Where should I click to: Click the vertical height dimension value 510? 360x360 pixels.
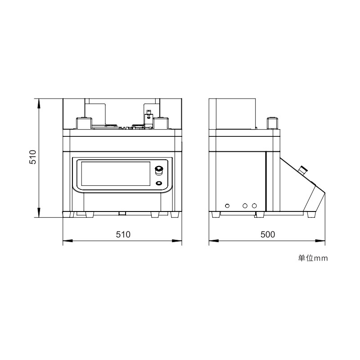33,157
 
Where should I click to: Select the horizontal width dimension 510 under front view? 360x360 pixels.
123,234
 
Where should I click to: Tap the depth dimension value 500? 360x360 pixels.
268,234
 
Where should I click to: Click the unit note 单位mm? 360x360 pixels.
313,258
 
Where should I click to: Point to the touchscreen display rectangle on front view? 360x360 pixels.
116,174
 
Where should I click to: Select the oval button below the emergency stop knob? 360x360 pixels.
159,183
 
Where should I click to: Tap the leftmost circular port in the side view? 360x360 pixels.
227,206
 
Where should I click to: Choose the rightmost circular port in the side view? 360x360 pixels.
254,206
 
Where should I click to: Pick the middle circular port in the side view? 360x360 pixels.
245,206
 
